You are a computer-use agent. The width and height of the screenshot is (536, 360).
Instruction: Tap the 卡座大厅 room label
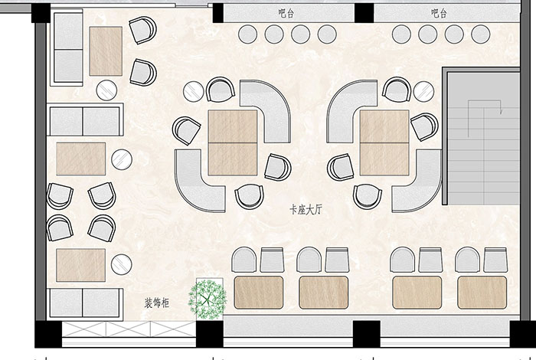click(306, 209)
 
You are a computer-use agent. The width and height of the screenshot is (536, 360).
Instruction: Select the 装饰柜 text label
click(156, 303)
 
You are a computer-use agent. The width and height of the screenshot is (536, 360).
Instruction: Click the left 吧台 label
click(286, 13)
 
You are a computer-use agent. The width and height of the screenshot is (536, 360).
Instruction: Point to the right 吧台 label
click(439, 13)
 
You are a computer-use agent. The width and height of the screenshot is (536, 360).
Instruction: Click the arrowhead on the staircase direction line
click(501, 112)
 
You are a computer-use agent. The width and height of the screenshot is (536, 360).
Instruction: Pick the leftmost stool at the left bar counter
click(247, 34)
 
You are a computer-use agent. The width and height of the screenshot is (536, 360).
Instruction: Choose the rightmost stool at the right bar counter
click(481, 34)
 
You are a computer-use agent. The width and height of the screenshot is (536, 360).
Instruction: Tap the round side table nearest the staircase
click(424, 91)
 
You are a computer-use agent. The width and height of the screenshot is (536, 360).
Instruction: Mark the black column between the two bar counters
click(364, 13)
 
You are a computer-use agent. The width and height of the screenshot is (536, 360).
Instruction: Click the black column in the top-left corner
click(41, 13)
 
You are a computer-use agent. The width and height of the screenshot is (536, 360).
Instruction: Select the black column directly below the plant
click(210, 334)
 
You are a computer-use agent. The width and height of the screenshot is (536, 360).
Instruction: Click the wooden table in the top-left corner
click(106, 51)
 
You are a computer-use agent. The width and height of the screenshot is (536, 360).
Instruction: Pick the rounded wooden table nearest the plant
click(259, 293)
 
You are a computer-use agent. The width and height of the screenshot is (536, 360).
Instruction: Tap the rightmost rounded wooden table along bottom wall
click(482, 293)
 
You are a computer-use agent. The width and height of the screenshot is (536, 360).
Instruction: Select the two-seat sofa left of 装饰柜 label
click(85, 303)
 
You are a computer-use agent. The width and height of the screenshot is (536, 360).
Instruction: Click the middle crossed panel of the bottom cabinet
click(128, 329)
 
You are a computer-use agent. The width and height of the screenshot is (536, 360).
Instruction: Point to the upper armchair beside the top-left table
click(142, 30)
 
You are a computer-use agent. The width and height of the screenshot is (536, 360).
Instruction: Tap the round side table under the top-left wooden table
click(106, 90)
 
